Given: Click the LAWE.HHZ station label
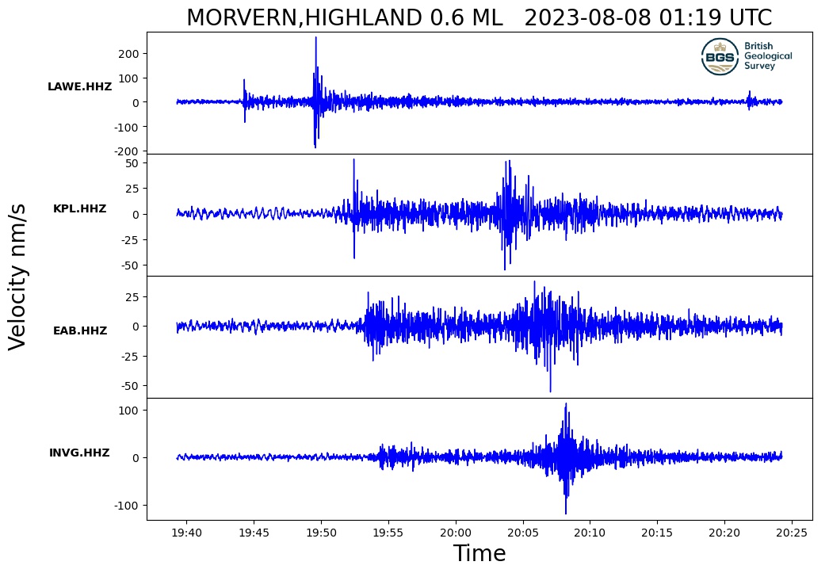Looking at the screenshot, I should coord(79,87).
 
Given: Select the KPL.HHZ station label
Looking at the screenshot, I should coord(79,209).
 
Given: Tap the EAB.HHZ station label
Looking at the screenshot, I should coord(79,331).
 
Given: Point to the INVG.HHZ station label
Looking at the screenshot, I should coord(79,453).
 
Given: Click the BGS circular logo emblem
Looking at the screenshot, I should coord(720,56).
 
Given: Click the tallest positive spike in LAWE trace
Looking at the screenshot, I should coord(315,38).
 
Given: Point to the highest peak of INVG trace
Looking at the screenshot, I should coord(566,404).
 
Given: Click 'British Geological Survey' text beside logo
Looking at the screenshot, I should coord(767,56).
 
